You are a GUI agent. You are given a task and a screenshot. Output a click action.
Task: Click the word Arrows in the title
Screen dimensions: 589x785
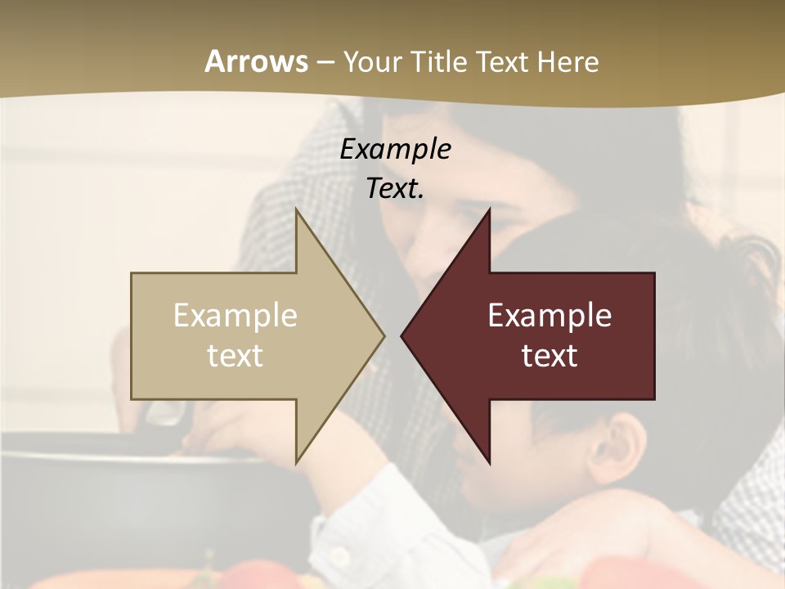257,61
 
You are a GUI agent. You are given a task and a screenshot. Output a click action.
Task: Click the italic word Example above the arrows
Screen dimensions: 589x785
396,149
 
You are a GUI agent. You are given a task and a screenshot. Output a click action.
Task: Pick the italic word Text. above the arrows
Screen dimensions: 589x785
396,188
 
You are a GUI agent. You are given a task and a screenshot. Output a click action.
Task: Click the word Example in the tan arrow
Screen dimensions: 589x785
235,316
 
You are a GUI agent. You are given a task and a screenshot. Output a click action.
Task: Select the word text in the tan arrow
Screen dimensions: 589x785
235,356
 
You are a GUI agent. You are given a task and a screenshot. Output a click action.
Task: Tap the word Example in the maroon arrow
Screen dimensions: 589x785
549,316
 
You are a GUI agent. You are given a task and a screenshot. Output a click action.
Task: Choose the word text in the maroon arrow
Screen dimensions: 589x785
549,356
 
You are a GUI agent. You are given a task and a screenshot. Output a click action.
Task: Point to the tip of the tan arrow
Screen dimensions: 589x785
383,335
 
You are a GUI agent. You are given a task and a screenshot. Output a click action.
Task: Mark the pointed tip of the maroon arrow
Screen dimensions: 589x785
402,335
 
